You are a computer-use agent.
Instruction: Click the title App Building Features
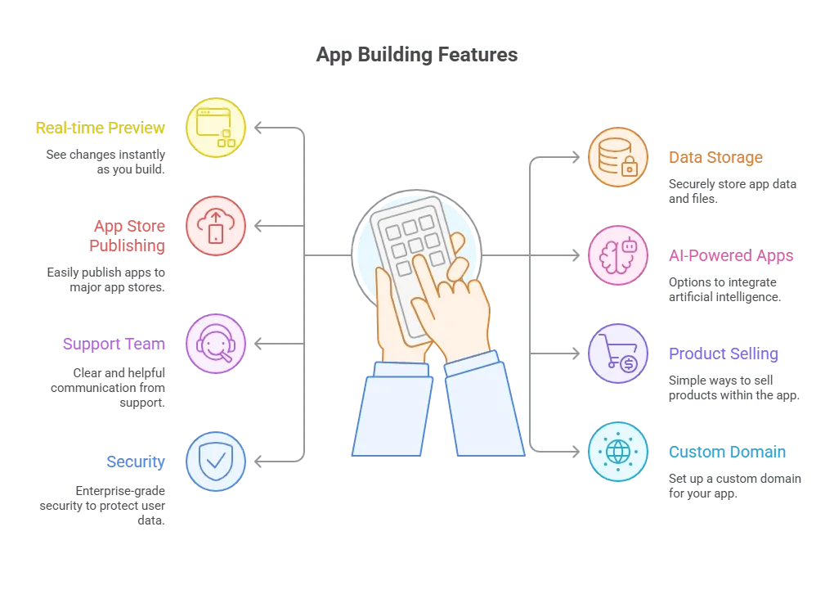point(417,55)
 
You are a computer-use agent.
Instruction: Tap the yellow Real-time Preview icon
point(215,128)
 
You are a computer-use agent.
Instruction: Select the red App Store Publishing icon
point(215,226)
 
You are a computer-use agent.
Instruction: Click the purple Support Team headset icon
point(215,344)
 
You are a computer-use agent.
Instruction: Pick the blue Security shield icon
point(215,461)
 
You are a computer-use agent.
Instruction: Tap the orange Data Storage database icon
point(618,157)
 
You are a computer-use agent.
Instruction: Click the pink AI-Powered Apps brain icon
point(618,255)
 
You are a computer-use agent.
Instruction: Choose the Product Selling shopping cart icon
point(618,353)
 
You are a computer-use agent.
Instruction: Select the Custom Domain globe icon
point(618,452)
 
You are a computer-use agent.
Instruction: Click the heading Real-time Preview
point(100,128)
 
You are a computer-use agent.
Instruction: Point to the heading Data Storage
point(715,158)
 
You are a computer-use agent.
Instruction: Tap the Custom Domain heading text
point(727,452)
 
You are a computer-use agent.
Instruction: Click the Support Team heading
point(114,344)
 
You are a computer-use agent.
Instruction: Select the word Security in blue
point(136,462)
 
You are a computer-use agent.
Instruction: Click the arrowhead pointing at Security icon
point(258,461)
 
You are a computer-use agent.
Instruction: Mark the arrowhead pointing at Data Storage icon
point(576,157)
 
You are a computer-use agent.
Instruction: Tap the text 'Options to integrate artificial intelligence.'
point(725,290)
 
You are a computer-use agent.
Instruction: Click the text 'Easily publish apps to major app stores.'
point(105,280)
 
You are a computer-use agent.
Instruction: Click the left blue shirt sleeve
point(392,409)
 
